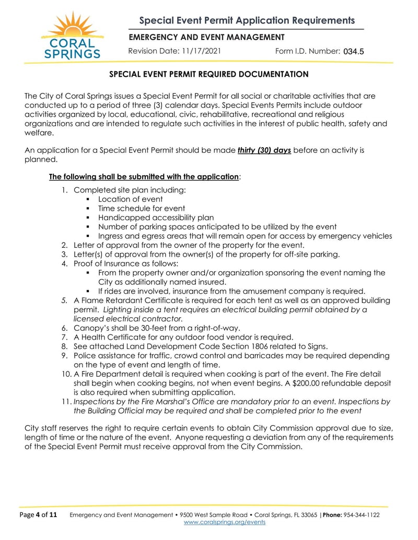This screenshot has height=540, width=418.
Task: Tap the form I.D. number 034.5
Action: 353,51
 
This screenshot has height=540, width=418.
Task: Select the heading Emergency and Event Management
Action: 206,37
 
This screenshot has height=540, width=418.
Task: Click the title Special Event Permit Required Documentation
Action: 208,74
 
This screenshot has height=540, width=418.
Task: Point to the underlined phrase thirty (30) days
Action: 264,150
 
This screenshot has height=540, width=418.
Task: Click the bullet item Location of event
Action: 130,199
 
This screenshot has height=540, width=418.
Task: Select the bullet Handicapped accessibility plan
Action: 156,218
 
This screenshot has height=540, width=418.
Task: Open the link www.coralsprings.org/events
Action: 225,522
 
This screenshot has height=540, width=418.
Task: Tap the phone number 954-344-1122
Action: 361,515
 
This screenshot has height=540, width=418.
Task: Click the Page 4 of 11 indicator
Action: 38,515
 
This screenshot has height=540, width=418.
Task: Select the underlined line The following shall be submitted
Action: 144,176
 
